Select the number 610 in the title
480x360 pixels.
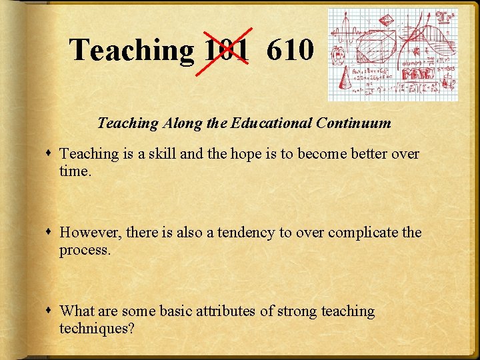(289, 50)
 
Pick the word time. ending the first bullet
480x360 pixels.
(75, 171)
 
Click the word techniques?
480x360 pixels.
(97, 328)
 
